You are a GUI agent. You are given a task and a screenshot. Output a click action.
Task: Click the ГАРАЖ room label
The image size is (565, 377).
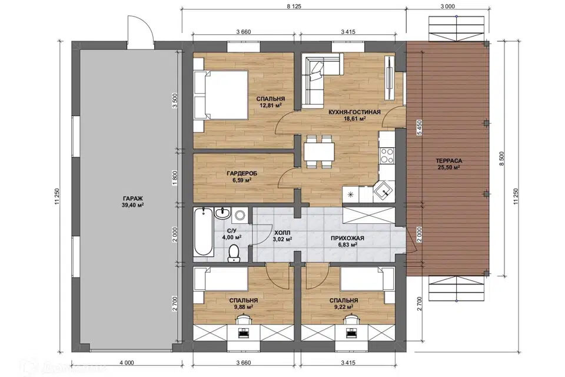coord(133,199)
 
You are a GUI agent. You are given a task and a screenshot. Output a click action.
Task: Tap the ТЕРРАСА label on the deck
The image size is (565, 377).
coord(448,161)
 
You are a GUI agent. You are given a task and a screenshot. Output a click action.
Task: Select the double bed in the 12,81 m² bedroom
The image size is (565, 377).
coord(221,95)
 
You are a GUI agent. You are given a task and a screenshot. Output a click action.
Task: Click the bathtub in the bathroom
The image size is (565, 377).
coord(203,232)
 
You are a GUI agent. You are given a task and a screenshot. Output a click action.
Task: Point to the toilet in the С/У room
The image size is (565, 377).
coord(234,253)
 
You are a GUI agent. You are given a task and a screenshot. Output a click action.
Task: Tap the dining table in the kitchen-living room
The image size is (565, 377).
coord(319,151)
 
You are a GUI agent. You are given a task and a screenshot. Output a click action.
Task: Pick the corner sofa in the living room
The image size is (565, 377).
coord(317,81)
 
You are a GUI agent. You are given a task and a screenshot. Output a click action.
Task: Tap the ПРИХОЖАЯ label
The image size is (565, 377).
coord(348,238)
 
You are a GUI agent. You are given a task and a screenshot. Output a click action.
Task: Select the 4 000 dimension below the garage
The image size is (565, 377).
coord(127,363)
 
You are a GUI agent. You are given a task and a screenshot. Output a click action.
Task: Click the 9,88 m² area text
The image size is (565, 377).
coord(243,307)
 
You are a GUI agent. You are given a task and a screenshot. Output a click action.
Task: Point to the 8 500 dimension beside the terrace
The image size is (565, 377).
coord(501,158)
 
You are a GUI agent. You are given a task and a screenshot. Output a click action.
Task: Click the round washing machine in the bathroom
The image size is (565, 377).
coord(240,216)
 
